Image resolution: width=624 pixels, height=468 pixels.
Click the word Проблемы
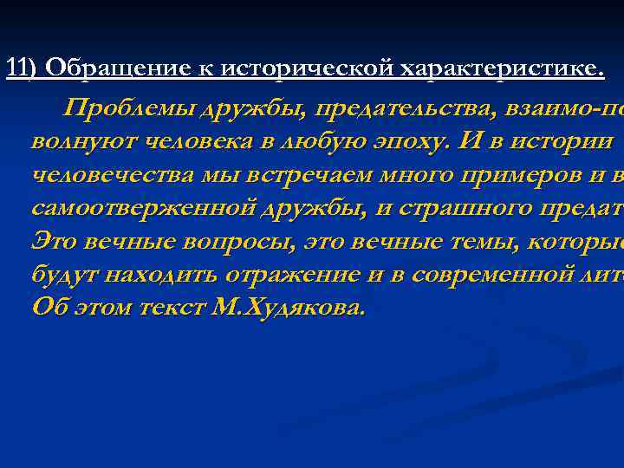pos(131,108)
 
